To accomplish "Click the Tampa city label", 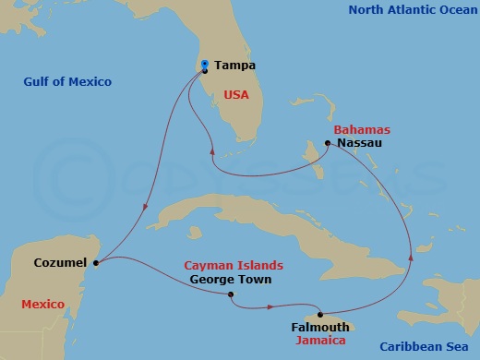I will (x=234, y=66).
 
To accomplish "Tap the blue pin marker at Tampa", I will (x=204, y=64).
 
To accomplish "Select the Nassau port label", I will (x=360, y=144).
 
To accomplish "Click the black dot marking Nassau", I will (x=328, y=143).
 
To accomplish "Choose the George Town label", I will (x=225, y=278).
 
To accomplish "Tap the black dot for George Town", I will (x=230, y=294).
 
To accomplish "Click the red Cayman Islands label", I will (x=234, y=265).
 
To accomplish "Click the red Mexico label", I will (x=42, y=304).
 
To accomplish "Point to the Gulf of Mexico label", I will (x=67, y=82).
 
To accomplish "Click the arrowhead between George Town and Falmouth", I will (x=270, y=306).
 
